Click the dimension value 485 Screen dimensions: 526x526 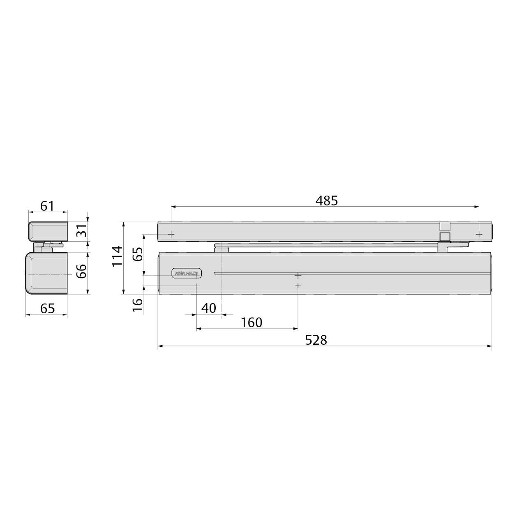click(326, 201)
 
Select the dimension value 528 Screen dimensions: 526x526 click(316, 340)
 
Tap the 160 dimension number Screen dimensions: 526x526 click(251, 322)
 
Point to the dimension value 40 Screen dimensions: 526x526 click(209, 308)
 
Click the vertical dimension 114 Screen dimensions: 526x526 click(117, 256)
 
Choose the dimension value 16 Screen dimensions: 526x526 click(138, 305)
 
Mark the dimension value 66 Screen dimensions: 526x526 click(82, 271)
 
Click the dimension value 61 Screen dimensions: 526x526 click(47, 205)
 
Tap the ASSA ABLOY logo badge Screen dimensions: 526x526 click(186, 273)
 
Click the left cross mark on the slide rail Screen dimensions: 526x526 click(171, 234)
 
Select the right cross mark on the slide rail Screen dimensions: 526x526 click(479, 234)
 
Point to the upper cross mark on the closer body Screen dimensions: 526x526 click(298, 275)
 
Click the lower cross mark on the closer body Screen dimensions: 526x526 click(298, 285)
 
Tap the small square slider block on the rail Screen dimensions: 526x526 click(445, 237)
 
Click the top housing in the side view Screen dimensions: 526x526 click(48, 231)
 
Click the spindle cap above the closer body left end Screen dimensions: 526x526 click(221, 248)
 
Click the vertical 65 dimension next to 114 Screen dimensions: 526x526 click(138, 254)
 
